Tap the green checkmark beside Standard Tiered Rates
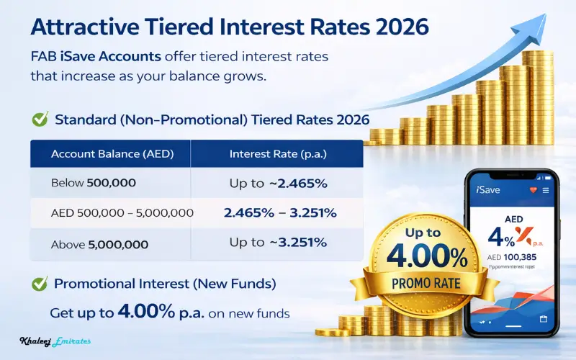tap(40, 119)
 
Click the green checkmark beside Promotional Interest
tap(40, 284)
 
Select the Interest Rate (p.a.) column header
tap(277, 154)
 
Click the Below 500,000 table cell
tap(94, 184)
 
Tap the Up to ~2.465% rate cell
tap(278, 184)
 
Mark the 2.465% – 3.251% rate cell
tap(276, 214)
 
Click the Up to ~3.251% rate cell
tap(278, 243)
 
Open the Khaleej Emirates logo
tap(55, 341)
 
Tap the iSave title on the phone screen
tap(487, 190)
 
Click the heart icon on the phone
tap(533, 190)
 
